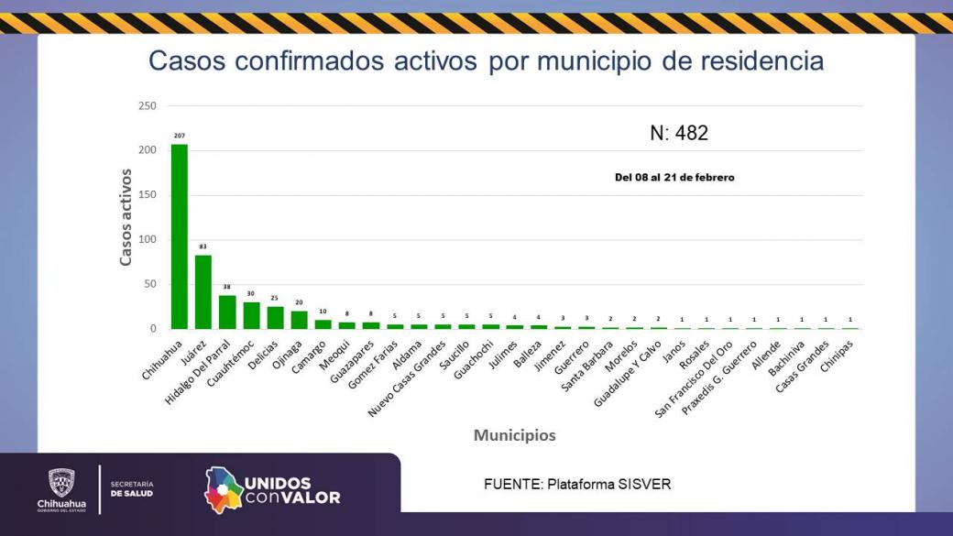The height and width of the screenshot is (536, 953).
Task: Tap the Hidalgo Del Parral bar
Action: click(x=227, y=312)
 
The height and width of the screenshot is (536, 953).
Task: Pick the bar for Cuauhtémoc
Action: click(x=251, y=315)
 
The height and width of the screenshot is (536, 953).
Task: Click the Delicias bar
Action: click(x=275, y=317)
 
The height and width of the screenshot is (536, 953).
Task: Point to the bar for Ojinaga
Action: click(x=300, y=320)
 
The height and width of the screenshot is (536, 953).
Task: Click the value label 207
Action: click(x=180, y=136)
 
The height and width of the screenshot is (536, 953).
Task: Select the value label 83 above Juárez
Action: click(x=203, y=246)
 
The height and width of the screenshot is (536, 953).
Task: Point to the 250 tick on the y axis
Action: click(x=147, y=106)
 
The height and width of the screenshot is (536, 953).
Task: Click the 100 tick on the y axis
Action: click(x=147, y=240)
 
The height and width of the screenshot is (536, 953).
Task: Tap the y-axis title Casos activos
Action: click(x=126, y=217)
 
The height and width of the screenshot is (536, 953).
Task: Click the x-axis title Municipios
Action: click(x=514, y=435)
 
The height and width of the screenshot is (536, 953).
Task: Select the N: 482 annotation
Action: click(x=679, y=134)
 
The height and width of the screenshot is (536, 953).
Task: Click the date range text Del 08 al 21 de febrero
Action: click(x=674, y=178)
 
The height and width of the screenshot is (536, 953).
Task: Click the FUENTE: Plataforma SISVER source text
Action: click(x=577, y=484)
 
